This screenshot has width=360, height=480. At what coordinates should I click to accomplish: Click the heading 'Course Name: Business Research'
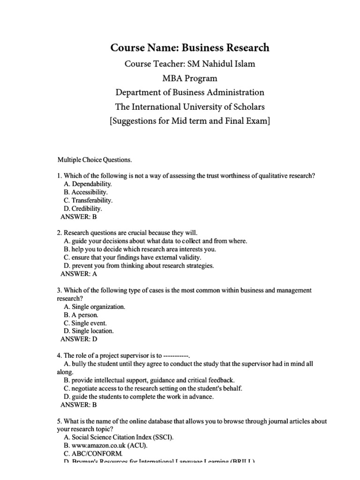click(x=189, y=47)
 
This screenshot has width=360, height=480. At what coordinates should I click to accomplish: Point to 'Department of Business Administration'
click(x=189, y=92)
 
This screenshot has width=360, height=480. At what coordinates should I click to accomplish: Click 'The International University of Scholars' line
click(x=189, y=107)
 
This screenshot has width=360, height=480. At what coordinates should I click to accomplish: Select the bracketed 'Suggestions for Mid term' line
click(x=189, y=121)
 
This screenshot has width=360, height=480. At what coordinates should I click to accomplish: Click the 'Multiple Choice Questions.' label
click(x=95, y=160)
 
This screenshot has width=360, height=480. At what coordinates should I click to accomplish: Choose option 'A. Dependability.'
click(x=88, y=184)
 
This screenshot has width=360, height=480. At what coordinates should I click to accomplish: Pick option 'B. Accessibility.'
click(x=86, y=192)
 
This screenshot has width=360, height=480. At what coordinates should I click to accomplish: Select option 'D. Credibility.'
click(x=83, y=209)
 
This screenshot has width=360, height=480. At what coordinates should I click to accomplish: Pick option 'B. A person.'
click(x=81, y=315)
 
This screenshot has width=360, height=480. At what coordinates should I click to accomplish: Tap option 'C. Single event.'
click(x=85, y=323)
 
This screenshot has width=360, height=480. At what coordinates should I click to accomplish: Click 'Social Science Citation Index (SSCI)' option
click(x=122, y=437)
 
